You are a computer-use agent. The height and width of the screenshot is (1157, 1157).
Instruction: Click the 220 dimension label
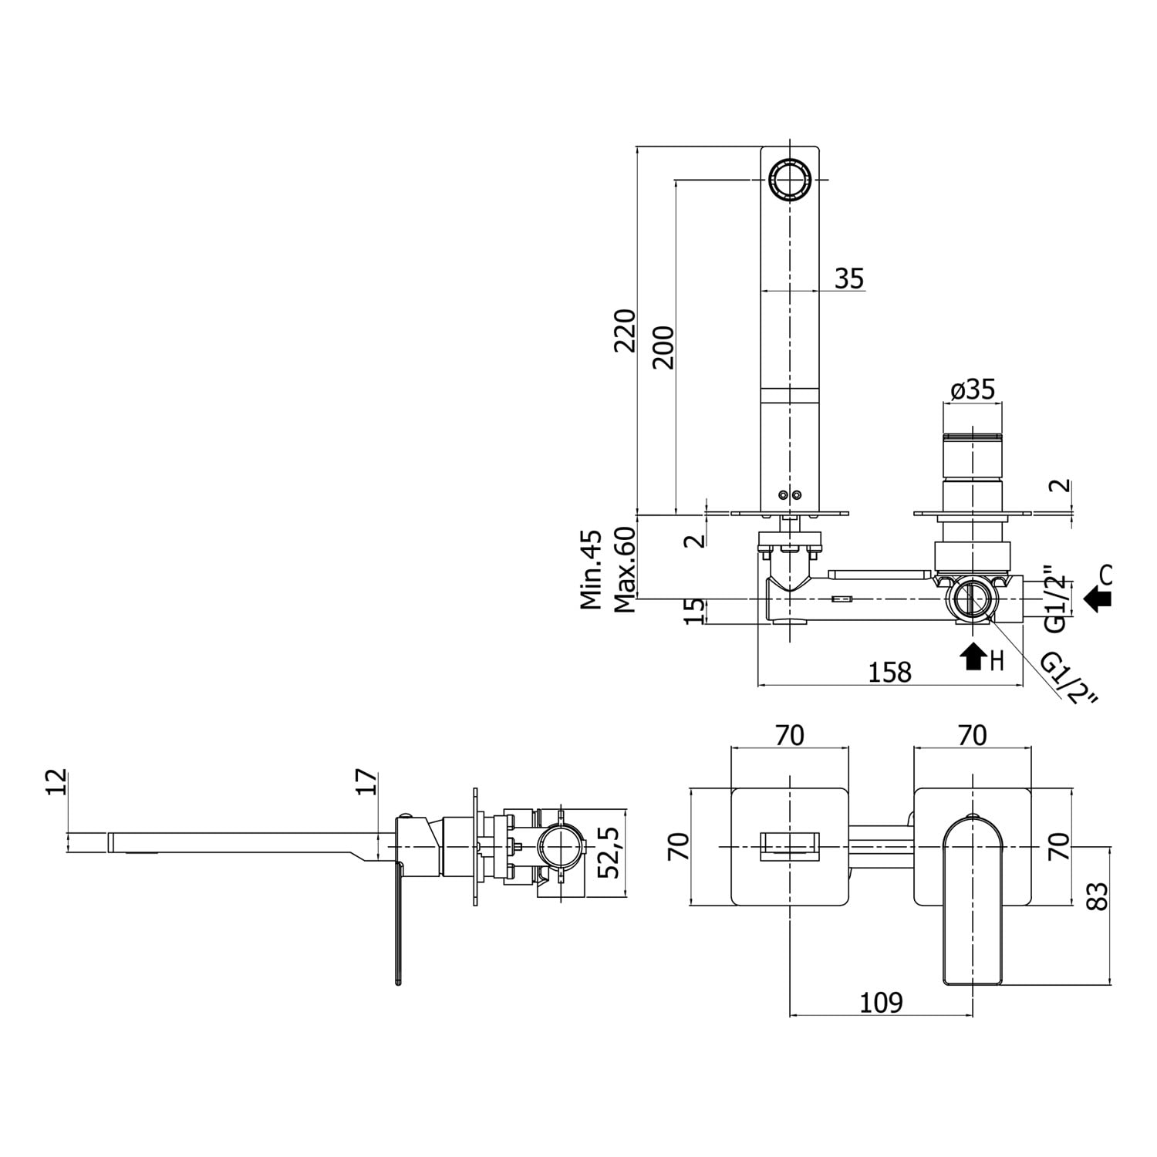tap(625, 330)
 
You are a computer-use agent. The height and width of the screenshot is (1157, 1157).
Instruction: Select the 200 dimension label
tap(663, 347)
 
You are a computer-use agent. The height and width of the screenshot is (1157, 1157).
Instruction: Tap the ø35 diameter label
tap(973, 390)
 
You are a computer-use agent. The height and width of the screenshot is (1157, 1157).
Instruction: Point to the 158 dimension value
tap(890, 672)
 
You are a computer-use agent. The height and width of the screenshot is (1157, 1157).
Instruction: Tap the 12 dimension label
tap(57, 782)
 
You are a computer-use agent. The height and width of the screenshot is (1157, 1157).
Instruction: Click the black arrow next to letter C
tap(1098, 598)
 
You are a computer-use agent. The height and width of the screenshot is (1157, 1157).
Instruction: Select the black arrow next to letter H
tap(973, 657)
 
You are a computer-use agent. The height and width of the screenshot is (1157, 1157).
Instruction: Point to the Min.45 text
tap(592, 569)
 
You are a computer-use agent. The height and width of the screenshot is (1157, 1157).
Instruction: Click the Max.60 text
tap(625, 569)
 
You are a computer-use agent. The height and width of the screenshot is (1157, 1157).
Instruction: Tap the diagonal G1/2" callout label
tap(1069, 678)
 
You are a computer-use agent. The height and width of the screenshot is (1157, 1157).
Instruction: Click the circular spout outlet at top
tap(790, 180)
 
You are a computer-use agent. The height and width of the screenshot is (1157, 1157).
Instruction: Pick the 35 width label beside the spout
tap(849, 278)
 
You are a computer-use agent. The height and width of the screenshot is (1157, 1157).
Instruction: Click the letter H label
tap(997, 659)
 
